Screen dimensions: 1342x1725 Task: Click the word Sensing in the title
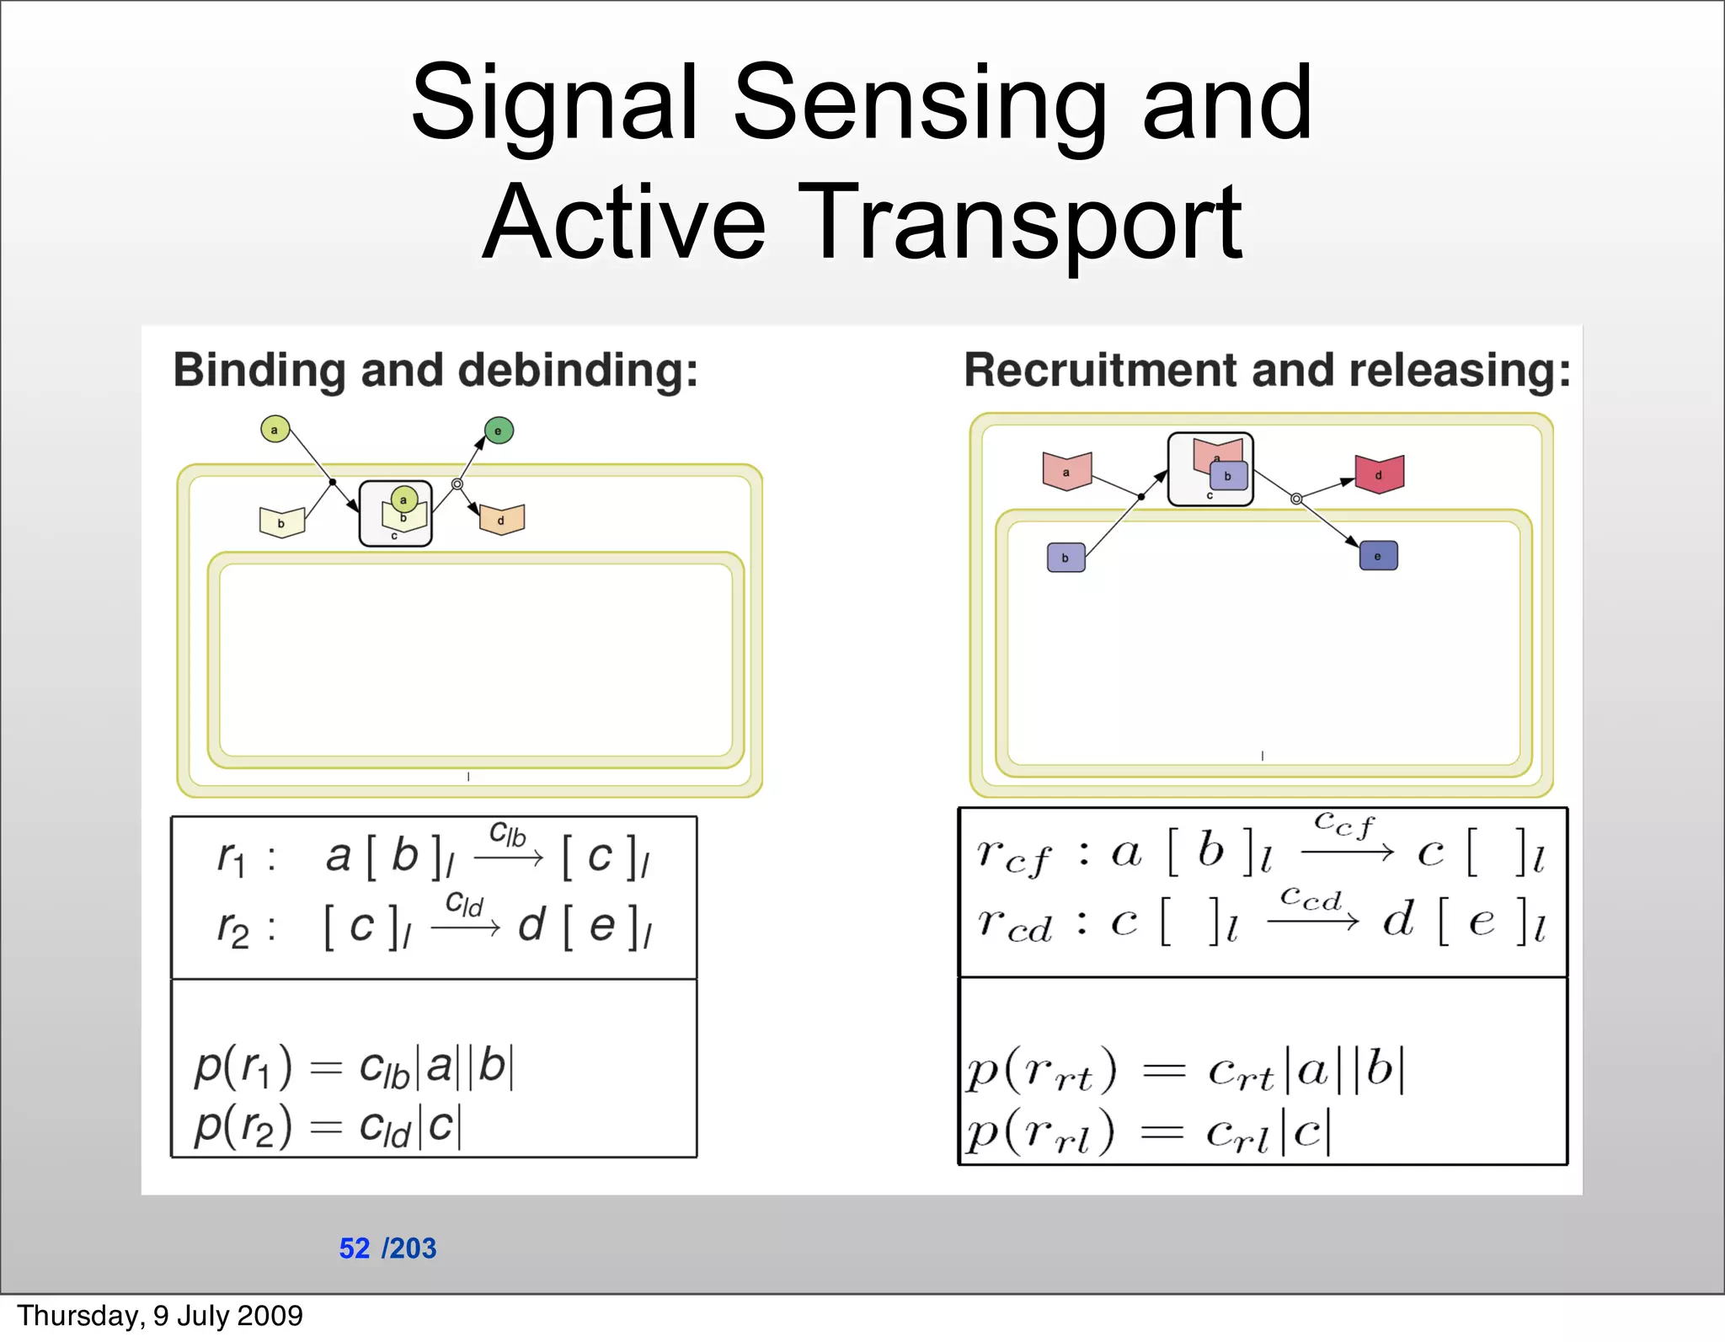pos(920,105)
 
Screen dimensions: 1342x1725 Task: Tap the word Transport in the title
pos(1021,223)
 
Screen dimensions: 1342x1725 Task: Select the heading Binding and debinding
pos(435,371)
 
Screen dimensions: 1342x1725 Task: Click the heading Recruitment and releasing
pos(1267,371)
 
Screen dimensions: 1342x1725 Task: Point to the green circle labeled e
pos(499,430)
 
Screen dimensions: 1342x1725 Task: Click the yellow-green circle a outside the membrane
pos(275,430)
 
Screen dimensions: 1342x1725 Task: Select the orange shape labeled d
pos(502,519)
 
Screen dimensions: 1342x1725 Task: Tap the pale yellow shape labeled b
pos(281,522)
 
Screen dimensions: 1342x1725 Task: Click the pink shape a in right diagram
pos(1066,471)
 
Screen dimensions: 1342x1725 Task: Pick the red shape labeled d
pos(1379,474)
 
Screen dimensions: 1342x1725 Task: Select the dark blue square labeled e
pos(1378,556)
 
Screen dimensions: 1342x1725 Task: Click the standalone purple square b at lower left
pos(1065,558)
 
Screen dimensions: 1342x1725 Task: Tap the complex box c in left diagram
pos(395,514)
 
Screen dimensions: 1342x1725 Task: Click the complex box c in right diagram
pos(1210,469)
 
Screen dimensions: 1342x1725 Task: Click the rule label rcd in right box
pos(1015,924)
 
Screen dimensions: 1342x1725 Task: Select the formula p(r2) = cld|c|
pos(328,1126)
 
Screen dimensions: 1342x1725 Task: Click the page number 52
pos(354,1248)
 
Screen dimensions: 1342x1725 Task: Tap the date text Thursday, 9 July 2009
pos(160,1316)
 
